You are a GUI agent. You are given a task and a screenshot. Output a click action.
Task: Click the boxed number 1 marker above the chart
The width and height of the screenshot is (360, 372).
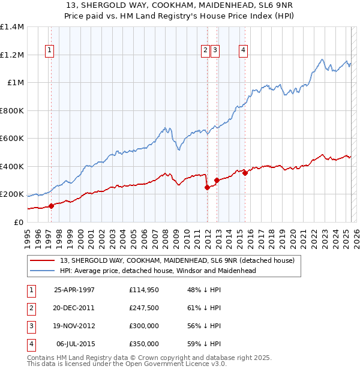[x=49, y=51]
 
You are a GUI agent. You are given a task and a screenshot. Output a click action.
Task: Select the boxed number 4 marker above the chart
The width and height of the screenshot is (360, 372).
[x=243, y=51]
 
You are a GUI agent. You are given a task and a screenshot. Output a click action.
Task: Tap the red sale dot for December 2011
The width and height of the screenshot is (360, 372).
[x=207, y=187]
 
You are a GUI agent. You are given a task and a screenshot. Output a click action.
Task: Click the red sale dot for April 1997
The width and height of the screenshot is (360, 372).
[x=51, y=206]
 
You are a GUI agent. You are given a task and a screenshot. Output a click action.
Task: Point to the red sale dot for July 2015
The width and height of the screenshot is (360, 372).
[x=245, y=173]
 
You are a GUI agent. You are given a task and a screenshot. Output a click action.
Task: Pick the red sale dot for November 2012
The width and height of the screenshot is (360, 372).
[x=217, y=180]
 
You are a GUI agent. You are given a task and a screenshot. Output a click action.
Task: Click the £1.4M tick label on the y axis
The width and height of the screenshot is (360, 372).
[x=12, y=27]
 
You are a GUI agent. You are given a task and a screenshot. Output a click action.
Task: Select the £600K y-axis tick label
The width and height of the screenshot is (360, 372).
[x=12, y=139]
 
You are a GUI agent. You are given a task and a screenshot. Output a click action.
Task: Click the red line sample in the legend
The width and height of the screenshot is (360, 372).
[x=43, y=261]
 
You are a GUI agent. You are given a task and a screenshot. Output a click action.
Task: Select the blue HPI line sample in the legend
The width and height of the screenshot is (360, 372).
[x=43, y=271]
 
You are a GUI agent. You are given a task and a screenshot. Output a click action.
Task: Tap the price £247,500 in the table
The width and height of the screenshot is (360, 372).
[x=144, y=308]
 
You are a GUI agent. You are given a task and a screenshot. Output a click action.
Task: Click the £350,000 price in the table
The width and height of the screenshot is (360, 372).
[x=144, y=344]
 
